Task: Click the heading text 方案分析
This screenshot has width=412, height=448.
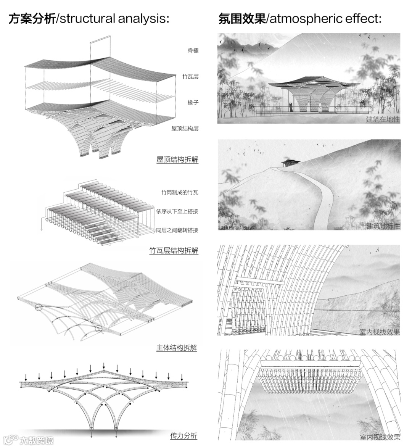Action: coord(32,18)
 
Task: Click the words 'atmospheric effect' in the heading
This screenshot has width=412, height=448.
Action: coord(325,18)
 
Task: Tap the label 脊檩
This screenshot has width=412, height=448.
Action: coord(193,50)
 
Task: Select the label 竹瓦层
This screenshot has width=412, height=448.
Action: coord(190,77)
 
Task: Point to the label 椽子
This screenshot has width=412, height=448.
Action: coord(193,102)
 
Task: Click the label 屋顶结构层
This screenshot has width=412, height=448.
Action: coord(185,129)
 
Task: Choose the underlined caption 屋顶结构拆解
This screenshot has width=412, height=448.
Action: coord(177,160)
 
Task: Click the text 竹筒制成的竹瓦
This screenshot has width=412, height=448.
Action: coord(180,193)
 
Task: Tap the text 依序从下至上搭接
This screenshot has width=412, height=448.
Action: coord(177,211)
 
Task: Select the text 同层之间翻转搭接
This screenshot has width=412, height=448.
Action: coord(177,230)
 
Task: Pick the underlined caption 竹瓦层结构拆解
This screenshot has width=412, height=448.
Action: coord(174,251)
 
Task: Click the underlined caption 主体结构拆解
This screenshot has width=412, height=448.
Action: coord(177,348)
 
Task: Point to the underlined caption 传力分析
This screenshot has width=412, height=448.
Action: coord(183,436)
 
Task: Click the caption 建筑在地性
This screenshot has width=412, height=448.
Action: coord(383,119)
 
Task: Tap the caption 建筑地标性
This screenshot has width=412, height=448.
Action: coord(383,226)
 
